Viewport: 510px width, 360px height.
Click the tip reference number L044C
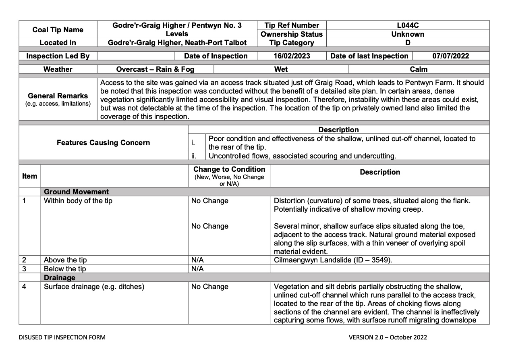[408, 25]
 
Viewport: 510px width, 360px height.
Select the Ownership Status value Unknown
[408, 34]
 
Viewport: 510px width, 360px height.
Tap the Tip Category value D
[408, 43]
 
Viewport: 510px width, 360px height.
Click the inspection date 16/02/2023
[292, 56]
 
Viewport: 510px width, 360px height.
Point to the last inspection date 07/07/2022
[451, 56]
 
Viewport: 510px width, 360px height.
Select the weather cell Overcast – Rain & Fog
[155, 69]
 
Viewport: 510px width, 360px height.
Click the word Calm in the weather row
[419, 69]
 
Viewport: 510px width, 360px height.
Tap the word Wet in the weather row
[281, 69]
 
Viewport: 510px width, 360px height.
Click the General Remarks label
[58, 96]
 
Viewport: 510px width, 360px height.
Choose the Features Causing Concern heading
[103, 143]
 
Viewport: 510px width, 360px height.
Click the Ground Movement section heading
[76, 192]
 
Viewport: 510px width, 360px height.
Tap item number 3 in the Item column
[24, 269]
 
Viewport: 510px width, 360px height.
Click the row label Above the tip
[65, 260]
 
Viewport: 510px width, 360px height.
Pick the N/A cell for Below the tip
[197, 269]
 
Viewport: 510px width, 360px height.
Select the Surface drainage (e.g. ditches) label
[94, 287]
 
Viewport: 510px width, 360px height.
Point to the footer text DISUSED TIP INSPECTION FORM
[62, 337]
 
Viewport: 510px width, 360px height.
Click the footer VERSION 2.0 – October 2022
[388, 337]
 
